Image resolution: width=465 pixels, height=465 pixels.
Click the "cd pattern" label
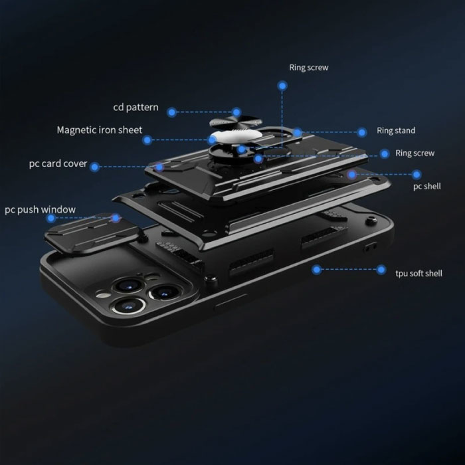[136, 107]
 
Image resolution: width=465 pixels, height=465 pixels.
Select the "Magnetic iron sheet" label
[99, 130]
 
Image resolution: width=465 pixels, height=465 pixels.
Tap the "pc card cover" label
[58, 163]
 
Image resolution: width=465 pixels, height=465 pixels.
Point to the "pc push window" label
[40, 210]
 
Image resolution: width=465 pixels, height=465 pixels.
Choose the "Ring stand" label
[396, 131]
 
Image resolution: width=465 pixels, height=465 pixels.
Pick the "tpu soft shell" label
[418, 273]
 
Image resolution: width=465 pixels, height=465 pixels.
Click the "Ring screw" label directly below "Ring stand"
[415, 153]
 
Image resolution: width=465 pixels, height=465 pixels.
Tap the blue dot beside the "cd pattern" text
[172, 112]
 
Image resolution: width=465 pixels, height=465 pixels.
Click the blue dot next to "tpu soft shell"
[381, 270]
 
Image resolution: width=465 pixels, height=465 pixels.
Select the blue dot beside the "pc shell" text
[417, 175]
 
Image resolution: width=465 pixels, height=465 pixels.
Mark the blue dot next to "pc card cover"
[94, 167]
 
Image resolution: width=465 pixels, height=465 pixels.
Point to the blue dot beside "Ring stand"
[362, 132]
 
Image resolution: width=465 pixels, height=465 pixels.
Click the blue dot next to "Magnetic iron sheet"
[147, 140]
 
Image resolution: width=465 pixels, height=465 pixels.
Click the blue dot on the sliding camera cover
[116, 217]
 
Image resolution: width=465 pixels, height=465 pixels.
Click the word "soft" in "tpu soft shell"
[418, 273]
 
